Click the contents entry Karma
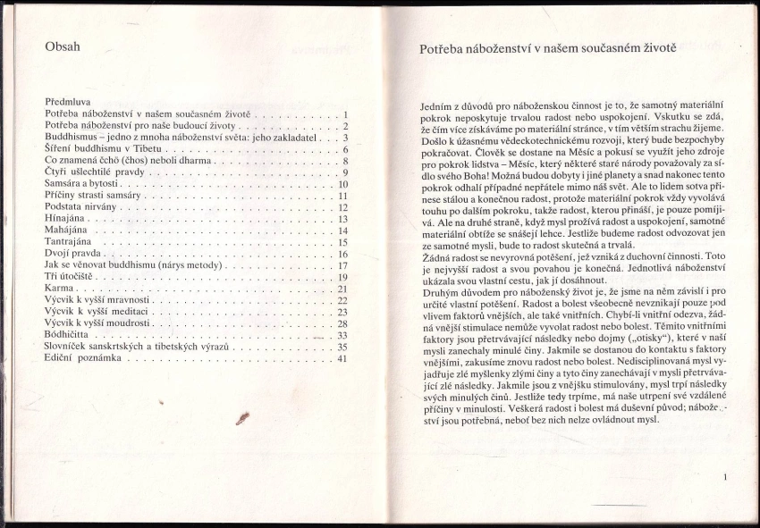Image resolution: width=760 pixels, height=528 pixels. coord(59,289)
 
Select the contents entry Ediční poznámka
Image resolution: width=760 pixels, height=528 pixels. coord(86,358)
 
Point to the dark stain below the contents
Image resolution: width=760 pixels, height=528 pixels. coord(241,418)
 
